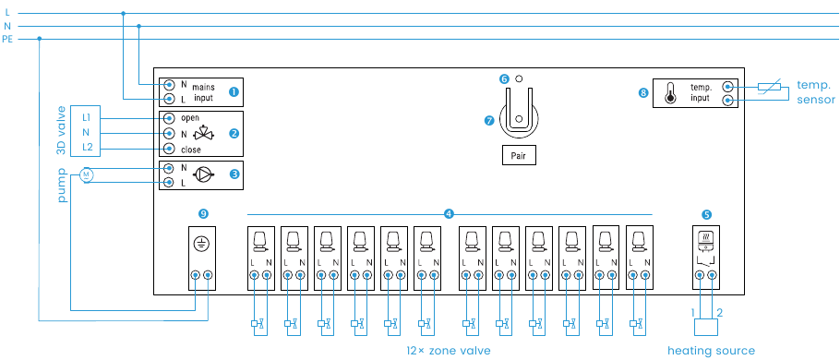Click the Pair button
(x=518, y=155)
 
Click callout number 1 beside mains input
(x=234, y=91)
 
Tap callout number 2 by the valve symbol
(x=234, y=133)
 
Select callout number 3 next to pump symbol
(x=234, y=173)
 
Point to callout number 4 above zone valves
(x=449, y=213)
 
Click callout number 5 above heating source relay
(x=706, y=213)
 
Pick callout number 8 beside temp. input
(x=643, y=91)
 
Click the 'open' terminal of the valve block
(x=169, y=118)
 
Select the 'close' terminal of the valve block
(x=169, y=149)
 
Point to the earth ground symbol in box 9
(x=201, y=245)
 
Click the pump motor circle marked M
(x=87, y=174)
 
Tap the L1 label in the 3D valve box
(x=86, y=117)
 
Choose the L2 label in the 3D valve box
(x=86, y=148)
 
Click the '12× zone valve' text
(x=448, y=351)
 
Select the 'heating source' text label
(x=711, y=351)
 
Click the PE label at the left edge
(x=7, y=39)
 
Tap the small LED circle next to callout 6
(x=519, y=79)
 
